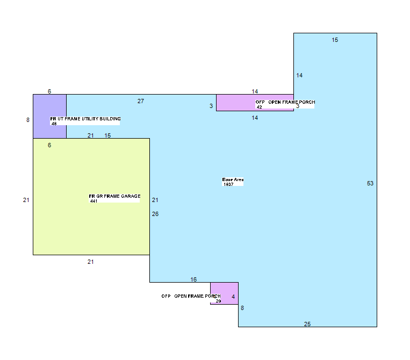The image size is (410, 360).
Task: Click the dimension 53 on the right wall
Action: [370, 183]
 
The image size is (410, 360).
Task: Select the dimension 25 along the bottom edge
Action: [307, 324]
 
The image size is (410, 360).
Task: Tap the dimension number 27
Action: [141, 101]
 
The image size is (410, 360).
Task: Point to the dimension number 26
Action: [155, 214]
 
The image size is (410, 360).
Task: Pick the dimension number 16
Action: [193, 279]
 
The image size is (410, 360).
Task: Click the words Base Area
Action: [233, 179]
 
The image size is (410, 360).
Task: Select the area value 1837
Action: [228, 184]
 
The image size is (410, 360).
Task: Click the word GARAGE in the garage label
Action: [131, 196]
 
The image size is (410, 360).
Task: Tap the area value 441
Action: [93, 201]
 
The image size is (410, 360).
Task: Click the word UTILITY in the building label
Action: [90, 119]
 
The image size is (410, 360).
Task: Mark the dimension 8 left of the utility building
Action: [28, 120]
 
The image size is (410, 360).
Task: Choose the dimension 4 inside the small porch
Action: [233, 297]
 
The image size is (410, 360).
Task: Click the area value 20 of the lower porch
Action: [218, 301]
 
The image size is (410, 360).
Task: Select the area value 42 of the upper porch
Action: [259, 107]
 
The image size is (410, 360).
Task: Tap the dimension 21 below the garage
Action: [90, 262]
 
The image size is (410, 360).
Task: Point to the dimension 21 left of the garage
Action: [26, 200]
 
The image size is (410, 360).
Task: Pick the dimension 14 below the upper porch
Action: [255, 118]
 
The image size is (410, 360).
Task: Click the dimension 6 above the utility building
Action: [49, 91]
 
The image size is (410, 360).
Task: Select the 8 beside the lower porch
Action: [242, 308]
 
